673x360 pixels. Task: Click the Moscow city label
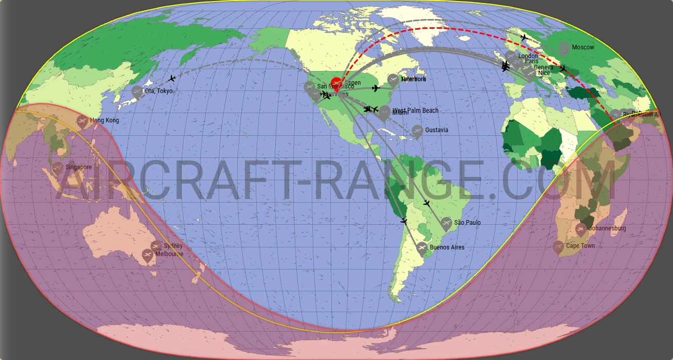(583, 47)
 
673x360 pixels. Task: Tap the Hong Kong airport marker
(82, 121)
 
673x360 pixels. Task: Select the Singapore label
(79, 167)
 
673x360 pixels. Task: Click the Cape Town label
(580, 246)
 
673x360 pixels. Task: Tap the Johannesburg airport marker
(581, 229)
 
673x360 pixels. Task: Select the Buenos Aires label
(447, 247)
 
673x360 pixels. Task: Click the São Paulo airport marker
(446, 223)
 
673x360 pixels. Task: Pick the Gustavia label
(436, 130)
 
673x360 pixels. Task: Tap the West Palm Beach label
(415, 111)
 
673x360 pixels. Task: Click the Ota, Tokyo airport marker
(137, 92)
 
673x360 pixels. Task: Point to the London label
(528, 56)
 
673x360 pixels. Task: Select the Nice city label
(544, 73)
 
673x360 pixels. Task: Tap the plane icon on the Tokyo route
(172, 78)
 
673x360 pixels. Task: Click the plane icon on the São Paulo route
(426, 203)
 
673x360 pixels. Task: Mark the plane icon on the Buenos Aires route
(403, 221)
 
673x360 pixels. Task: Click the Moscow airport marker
(564, 48)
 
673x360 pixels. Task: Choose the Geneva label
(544, 67)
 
